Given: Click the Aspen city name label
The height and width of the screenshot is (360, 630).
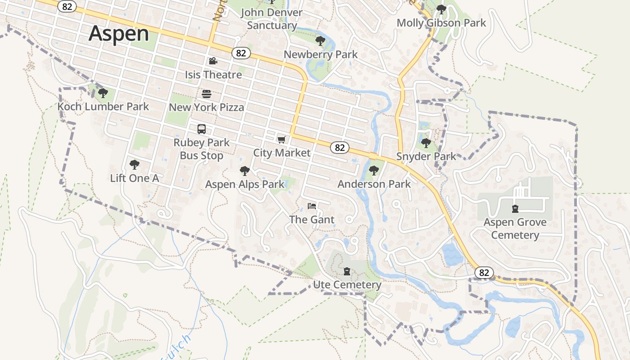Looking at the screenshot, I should pyautogui.click(x=119, y=34).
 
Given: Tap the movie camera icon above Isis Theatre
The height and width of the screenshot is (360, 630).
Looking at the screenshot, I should pyautogui.click(x=213, y=61).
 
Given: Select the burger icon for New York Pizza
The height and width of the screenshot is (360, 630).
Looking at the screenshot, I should pyautogui.click(x=207, y=94).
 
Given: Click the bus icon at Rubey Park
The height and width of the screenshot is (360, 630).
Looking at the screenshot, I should pyautogui.click(x=202, y=129).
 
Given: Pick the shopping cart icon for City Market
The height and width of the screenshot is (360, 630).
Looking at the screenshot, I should pyautogui.click(x=282, y=140).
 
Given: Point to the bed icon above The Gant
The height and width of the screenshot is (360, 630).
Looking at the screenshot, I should pyautogui.click(x=312, y=206).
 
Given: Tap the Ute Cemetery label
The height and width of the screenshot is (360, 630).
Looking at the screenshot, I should pyautogui.click(x=347, y=285).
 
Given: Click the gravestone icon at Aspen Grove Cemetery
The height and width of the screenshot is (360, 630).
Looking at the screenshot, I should pyautogui.click(x=515, y=208).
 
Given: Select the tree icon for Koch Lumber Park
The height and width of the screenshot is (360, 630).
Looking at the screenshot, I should pyautogui.click(x=103, y=93).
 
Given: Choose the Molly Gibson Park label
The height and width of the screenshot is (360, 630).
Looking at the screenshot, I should pyautogui.click(x=441, y=22).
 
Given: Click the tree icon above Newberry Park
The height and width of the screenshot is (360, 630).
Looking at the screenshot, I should pyautogui.click(x=320, y=41).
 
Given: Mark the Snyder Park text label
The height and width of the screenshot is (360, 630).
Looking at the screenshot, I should pyautogui.click(x=426, y=157).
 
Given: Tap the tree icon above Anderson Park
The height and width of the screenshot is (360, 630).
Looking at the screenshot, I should pyautogui.click(x=373, y=171).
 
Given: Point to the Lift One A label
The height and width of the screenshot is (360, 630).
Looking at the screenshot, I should pyautogui.click(x=135, y=178).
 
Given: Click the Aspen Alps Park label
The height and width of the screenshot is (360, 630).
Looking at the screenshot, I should pyautogui.click(x=245, y=184).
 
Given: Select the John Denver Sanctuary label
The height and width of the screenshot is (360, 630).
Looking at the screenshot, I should pyautogui.click(x=271, y=19).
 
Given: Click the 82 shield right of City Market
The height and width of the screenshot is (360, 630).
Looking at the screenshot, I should pyautogui.click(x=340, y=148).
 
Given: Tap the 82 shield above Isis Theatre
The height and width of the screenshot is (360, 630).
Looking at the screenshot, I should pyautogui.click(x=241, y=53).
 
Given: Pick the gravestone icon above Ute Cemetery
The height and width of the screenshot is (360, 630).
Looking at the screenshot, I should pyautogui.click(x=347, y=271).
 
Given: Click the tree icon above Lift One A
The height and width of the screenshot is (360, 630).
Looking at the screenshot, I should pyautogui.click(x=134, y=165).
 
